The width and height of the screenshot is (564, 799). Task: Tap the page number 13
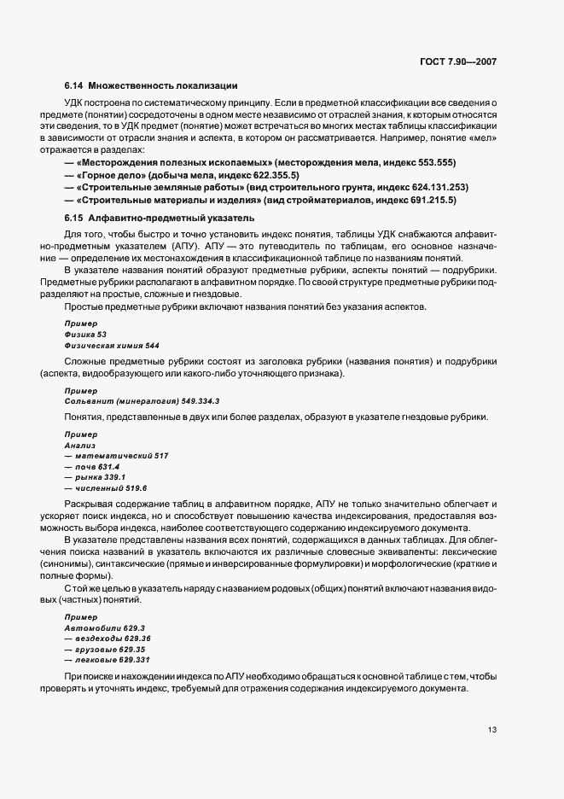(492, 730)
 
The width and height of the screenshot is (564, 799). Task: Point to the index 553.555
(436, 162)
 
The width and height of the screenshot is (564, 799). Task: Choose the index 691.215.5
(433, 200)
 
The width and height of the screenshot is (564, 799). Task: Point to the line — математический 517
(116, 456)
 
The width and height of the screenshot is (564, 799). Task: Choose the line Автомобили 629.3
(104, 627)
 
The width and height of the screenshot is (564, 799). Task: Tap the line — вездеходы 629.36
(108, 639)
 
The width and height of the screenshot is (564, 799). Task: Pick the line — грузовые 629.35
(107, 649)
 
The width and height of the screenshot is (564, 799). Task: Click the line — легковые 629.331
(109, 660)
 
